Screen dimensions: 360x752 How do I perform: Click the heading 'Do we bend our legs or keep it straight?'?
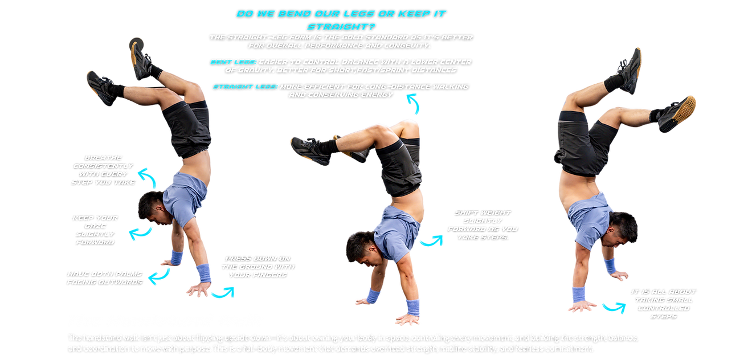point(341,19)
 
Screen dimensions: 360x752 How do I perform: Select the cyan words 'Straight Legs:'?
point(245,87)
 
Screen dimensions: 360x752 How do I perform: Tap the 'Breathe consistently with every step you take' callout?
point(103,169)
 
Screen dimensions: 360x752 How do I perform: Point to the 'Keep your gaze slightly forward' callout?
point(95,230)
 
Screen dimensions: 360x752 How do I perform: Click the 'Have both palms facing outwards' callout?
point(105,278)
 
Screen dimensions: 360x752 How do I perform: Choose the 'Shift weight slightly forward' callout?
point(483,225)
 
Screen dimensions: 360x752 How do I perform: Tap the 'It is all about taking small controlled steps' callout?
point(664,303)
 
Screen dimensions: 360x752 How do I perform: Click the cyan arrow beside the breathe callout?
point(149,177)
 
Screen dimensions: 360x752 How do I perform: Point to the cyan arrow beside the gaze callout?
point(140,233)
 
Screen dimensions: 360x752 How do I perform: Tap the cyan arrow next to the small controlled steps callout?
point(614,307)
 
